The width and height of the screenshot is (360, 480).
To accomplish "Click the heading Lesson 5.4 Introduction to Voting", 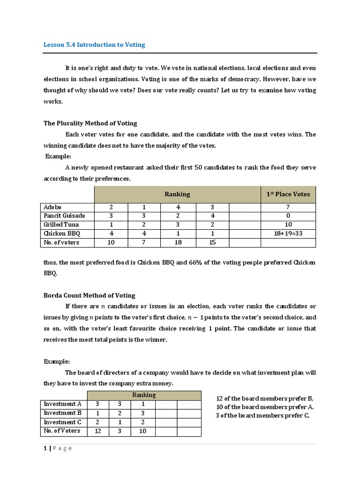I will [x=94, y=45].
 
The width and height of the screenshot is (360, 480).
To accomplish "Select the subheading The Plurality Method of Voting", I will [x=90, y=123].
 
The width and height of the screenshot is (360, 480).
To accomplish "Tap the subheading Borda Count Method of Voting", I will [x=89, y=295].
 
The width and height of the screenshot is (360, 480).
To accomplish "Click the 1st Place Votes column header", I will [x=288, y=194].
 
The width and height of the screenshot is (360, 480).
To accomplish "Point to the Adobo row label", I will [x=52, y=207].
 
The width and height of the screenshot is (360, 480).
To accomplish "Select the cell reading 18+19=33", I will [x=288, y=233].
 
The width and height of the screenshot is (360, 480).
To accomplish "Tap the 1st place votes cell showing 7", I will [x=288, y=207].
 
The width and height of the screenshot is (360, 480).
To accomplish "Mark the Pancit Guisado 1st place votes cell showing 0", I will [x=288, y=216].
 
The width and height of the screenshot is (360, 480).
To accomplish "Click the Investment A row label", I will [x=62, y=404].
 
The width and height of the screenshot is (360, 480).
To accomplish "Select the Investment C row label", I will [x=62, y=422].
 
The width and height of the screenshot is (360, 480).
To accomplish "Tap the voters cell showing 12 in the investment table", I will [x=97, y=431].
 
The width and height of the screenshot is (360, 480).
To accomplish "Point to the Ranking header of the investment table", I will [x=144, y=395].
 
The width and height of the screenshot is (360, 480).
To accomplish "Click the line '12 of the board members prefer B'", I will [x=264, y=398].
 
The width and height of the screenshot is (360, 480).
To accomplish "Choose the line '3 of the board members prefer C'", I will [x=262, y=415].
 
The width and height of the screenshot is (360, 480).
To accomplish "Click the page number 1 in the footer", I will [x=45, y=448].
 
